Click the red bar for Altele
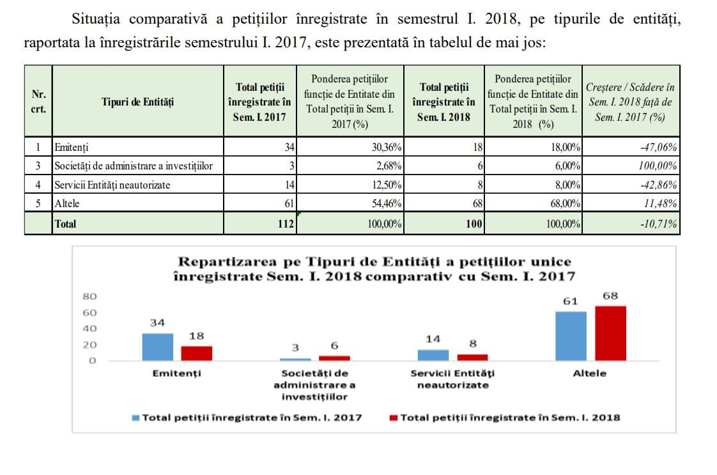pyautogui.click(x=610, y=333)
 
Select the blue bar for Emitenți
pyautogui.click(x=158, y=347)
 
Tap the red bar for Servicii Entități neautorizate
pyautogui.click(x=473, y=357)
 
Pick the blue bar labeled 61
pyautogui.click(x=571, y=336)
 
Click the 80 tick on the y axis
pyautogui.click(x=89, y=297)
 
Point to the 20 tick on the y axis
pyautogui.click(x=89, y=345)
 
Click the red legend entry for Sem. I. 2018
pyautogui.click(x=505, y=418)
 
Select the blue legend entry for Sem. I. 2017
pyautogui.click(x=247, y=418)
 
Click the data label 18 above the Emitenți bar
pyautogui.click(x=197, y=336)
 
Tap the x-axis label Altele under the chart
pyautogui.click(x=589, y=373)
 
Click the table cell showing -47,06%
pyautogui.click(x=631, y=147)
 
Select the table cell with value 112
pyautogui.click(x=260, y=223)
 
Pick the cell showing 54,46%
pyautogui.click(x=350, y=203)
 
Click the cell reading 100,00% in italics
pyautogui.click(x=631, y=166)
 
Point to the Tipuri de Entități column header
pyautogui.click(x=137, y=102)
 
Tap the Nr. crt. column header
pyautogui.click(x=38, y=102)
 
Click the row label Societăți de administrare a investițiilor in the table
pyautogui.click(x=134, y=166)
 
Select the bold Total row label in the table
pyautogui.click(x=65, y=224)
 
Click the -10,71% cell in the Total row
pyautogui.click(x=631, y=223)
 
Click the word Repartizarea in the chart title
pyautogui.click(x=227, y=261)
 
